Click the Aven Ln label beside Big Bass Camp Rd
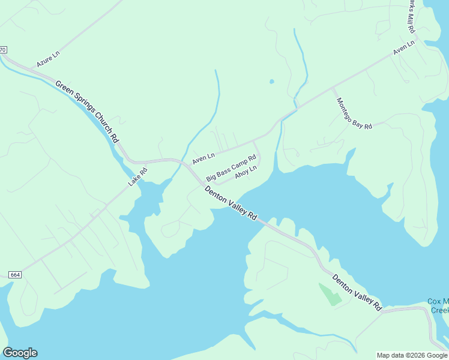point(203,159)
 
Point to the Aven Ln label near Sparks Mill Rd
point(404,49)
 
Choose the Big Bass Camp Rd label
point(231,169)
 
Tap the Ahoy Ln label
point(246,172)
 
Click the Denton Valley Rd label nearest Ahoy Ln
point(231,203)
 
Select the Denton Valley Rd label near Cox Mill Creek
point(357,293)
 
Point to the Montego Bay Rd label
point(354,113)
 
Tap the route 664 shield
point(16,275)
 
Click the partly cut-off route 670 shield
point(3,49)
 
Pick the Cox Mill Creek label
point(438,305)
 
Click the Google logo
point(20,353)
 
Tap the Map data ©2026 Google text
point(412,355)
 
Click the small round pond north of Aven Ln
point(272,81)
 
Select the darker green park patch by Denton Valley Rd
point(328,294)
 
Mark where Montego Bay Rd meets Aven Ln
point(333,89)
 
